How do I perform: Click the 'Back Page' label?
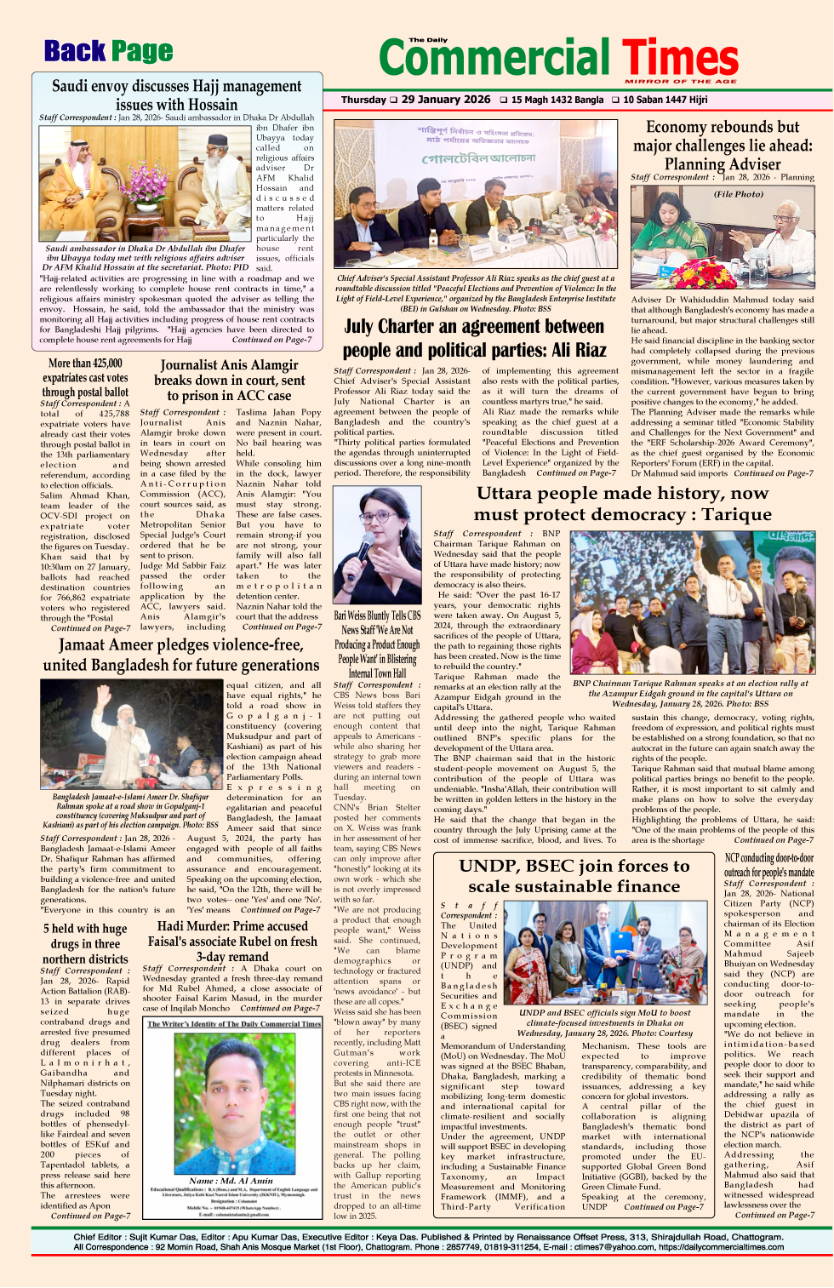[x=108, y=52]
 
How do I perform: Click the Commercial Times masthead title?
[x=558, y=58]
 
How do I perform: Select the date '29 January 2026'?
[x=445, y=100]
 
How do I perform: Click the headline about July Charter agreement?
[x=474, y=338]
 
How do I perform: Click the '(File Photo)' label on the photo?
[x=738, y=194]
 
